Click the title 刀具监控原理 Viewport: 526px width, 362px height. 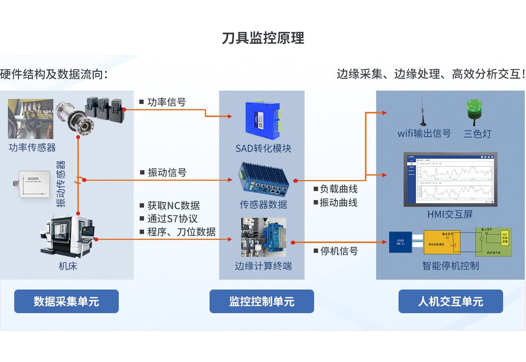(263, 38)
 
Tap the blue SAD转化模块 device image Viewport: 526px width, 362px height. (262, 121)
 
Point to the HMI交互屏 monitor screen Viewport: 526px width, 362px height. (450, 179)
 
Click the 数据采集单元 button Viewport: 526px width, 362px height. (66, 301)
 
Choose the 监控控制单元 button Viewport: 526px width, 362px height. (262, 301)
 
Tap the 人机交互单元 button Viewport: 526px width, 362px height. (451, 301)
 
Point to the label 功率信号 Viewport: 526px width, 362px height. (166, 102)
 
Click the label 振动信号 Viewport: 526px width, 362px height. (167, 173)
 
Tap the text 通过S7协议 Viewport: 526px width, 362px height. (172, 219)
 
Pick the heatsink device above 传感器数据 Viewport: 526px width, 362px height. (263, 180)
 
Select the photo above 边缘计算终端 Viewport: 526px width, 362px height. (264, 238)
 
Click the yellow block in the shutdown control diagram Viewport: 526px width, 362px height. (442, 242)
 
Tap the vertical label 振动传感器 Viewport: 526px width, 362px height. (61, 184)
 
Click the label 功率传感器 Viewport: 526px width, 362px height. (32, 148)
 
